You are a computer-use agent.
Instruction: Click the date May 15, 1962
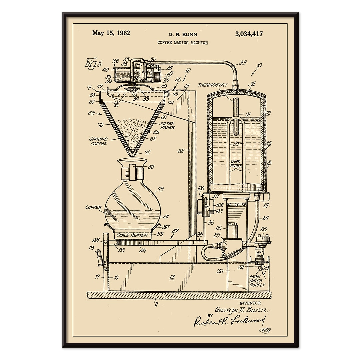point(111,33)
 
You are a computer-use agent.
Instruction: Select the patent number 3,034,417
point(249,34)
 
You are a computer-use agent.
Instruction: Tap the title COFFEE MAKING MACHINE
point(182,43)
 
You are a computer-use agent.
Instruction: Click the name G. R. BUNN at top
point(183,34)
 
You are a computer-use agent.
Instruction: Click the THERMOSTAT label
point(213,85)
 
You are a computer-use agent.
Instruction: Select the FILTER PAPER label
point(167,125)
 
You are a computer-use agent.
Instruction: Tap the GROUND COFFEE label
point(98,141)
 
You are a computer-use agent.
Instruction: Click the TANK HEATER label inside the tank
point(236,164)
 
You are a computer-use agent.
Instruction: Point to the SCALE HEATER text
point(132,235)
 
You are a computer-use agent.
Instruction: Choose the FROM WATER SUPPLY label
point(257,281)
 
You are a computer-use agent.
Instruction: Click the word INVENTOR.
point(250,303)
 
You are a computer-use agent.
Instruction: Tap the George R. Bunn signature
point(241,310)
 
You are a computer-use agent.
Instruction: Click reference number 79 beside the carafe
point(161,189)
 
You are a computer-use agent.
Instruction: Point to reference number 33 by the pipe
point(243,62)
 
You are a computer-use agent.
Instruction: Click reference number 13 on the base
point(172,277)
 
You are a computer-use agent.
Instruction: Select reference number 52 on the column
point(180,151)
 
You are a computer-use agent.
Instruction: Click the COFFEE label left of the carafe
point(93,207)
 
